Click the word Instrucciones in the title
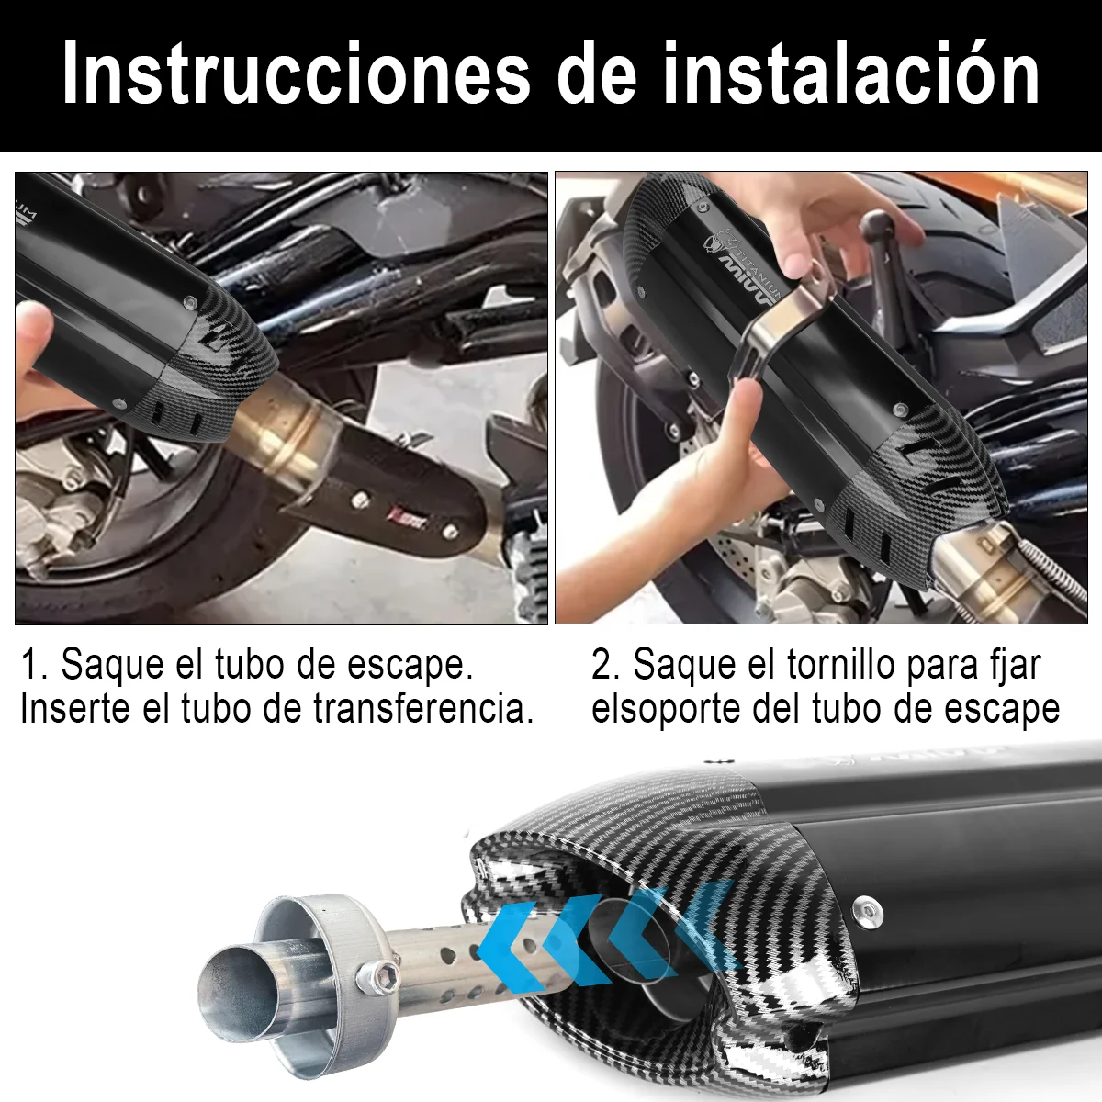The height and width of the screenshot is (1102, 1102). click(296, 73)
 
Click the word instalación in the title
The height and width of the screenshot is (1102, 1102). click(851, 73)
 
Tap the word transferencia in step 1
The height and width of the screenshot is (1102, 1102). click(423, 709)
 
